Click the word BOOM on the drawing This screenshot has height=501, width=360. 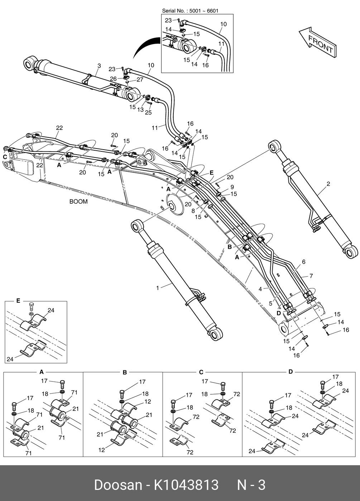point(78,201)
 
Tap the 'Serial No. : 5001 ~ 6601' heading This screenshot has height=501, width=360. point(190,11)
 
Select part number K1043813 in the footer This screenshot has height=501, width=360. point(186,485)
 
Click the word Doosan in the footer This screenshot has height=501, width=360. point(118,485)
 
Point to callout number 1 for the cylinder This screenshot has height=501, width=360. point(157,288)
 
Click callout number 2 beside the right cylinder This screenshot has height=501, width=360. point(328,184)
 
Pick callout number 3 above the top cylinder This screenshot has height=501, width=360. point(99,65)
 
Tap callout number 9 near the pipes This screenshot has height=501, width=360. point(232,187)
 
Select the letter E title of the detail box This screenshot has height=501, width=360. point(18,301)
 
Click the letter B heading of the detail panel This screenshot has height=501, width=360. point(125,373)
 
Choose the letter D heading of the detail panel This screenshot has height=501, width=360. point(291,372)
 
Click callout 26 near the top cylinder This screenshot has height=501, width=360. point(113,79)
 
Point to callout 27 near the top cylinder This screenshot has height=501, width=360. point(140,80)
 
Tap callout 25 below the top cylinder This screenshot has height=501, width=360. point(148,112)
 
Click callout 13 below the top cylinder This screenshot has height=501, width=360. point(140,110)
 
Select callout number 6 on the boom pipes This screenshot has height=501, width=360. point(304,262)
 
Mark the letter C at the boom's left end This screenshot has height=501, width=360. point(5,157)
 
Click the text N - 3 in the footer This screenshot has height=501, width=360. point(251,485)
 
